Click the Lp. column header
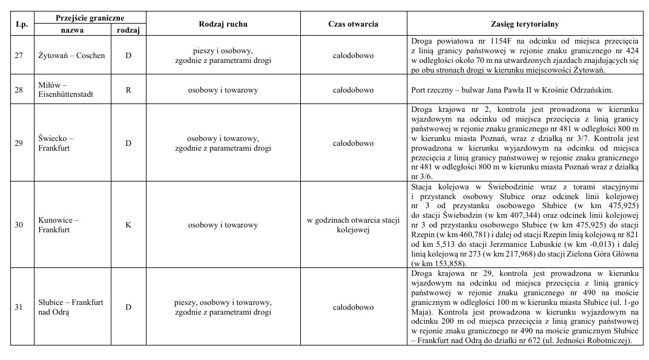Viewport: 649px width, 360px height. pos(19,24)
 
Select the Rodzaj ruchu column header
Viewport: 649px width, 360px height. pos(223,24)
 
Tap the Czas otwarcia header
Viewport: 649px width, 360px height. pos(353,24)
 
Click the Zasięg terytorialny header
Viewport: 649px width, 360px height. pos(524,24)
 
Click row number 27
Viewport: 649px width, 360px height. pos(19,56)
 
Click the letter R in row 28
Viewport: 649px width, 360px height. pos(128,90)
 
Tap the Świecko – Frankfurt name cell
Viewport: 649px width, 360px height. pos(56,143)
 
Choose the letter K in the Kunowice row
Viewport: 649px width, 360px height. pos(128,225)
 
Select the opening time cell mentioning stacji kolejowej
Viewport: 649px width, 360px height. pos(353,225)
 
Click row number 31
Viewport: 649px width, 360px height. pos(19,307)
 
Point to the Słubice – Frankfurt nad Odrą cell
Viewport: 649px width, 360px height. pos(70,307)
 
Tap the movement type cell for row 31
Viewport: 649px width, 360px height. pos(223,307)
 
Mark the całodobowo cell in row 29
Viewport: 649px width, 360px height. pos(353,143)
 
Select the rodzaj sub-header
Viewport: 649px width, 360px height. pos(128,30)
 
